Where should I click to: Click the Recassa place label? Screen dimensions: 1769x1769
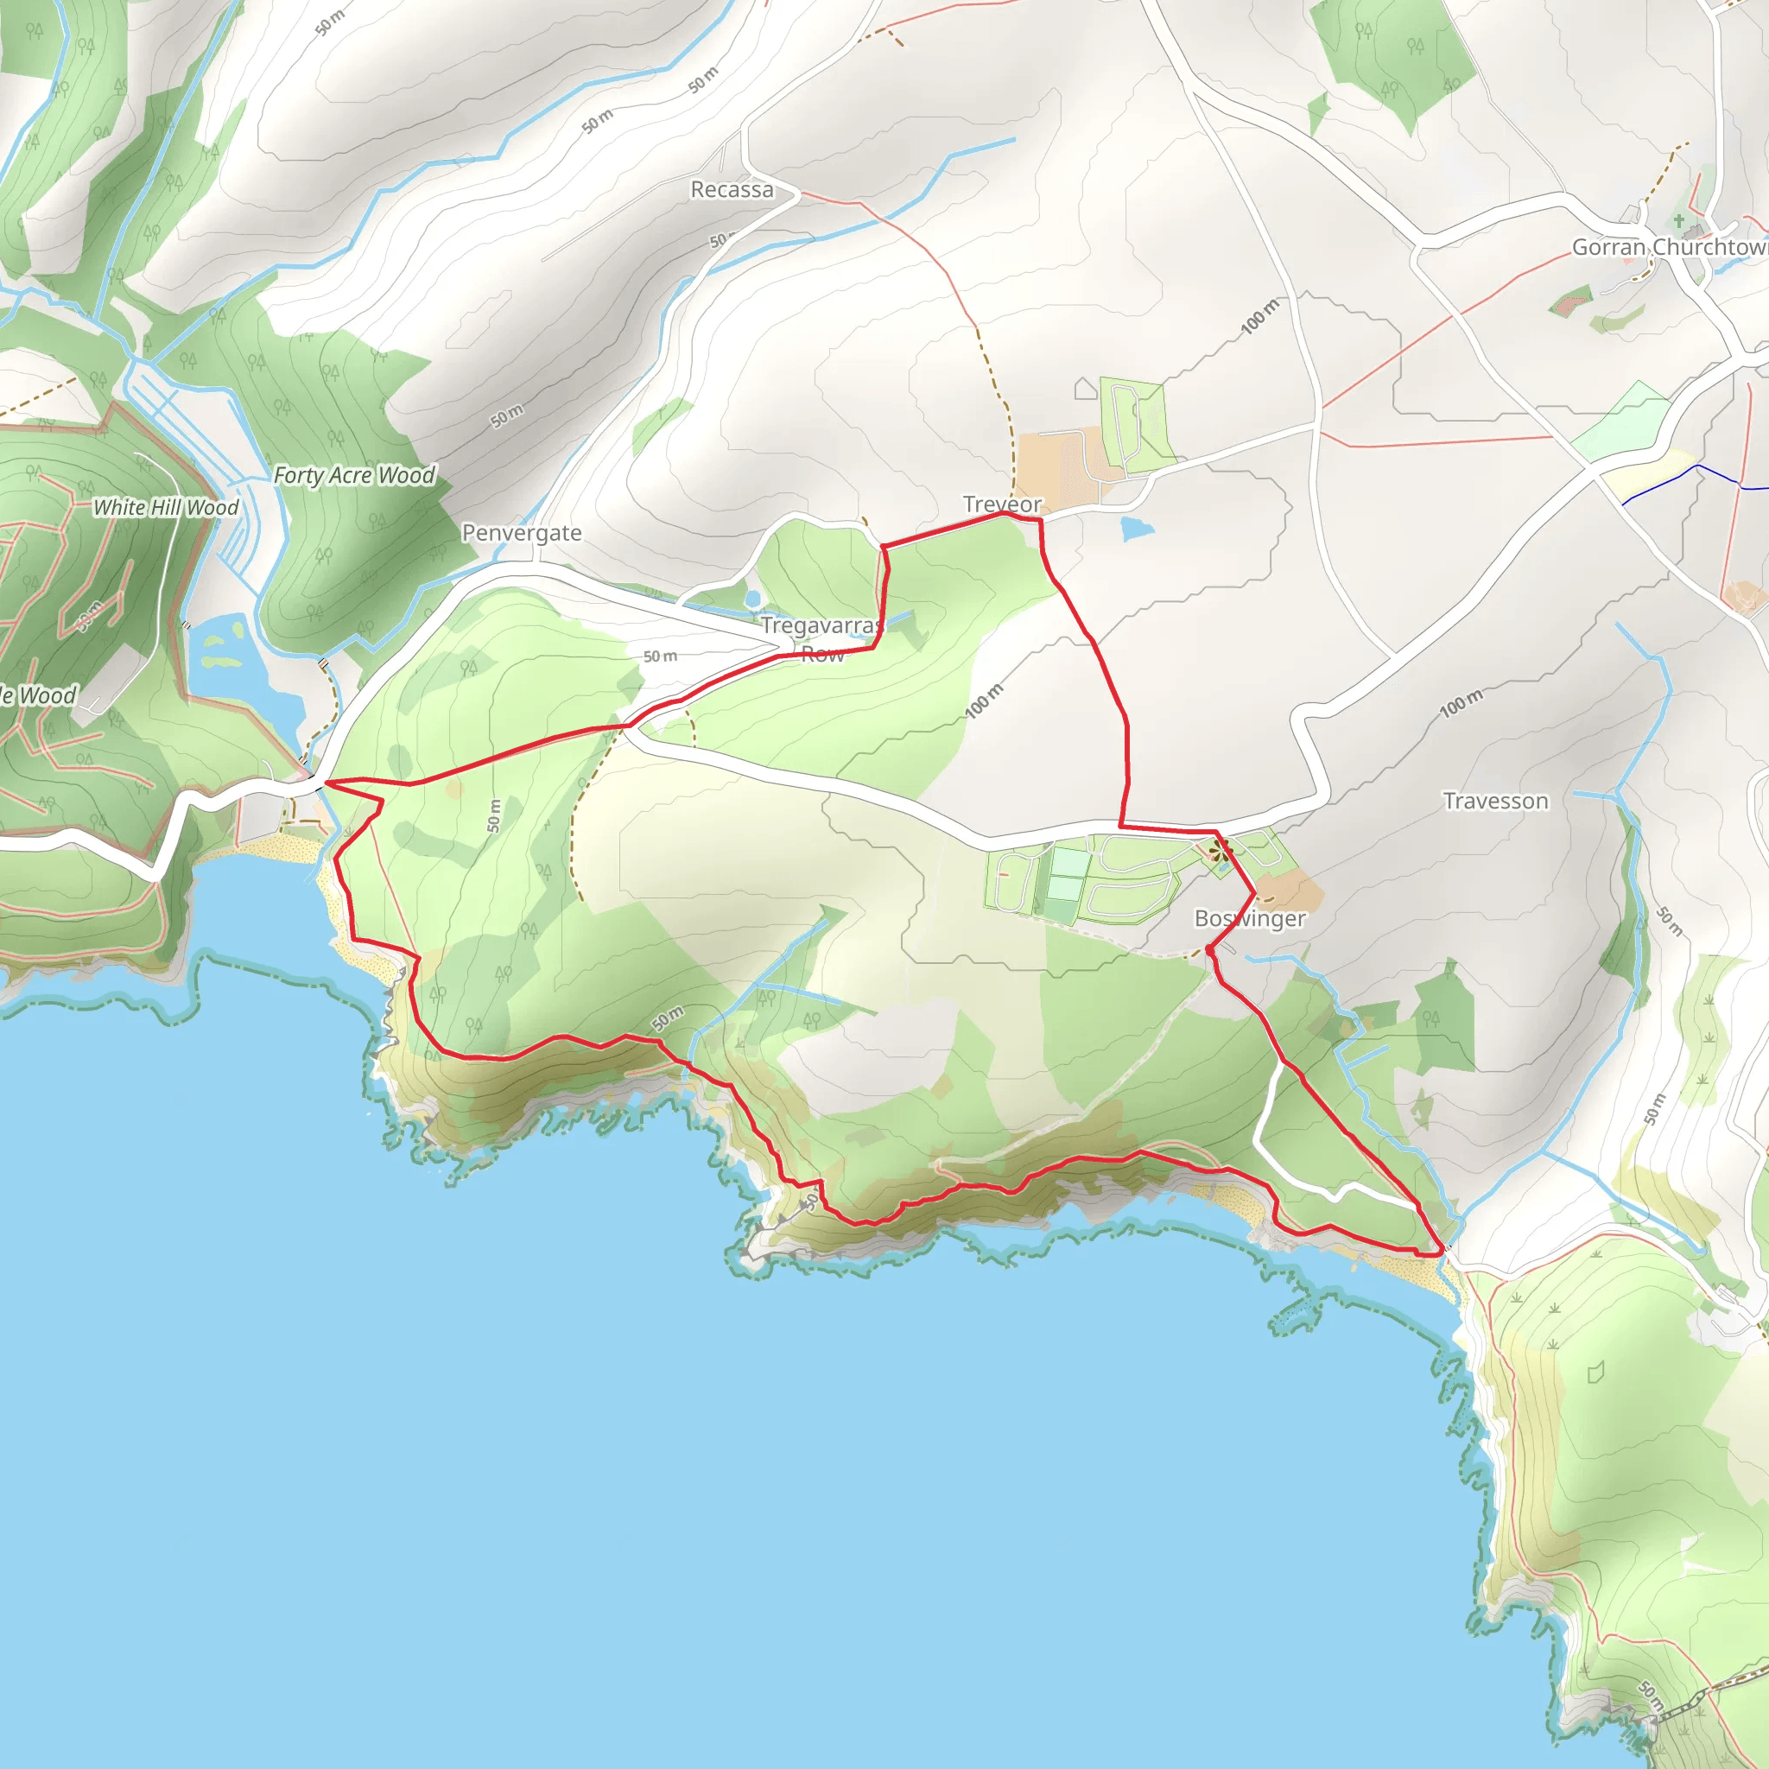[732, 189]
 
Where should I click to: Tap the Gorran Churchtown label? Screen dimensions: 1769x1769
[1669, 247]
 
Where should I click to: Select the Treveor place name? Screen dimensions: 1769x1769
[1002, 504]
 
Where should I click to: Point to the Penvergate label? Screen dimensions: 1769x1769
[521, 533]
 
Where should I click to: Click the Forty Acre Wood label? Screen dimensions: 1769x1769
[354, 475]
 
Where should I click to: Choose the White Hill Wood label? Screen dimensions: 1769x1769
[166, 507]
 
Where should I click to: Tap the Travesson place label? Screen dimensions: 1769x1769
[1495, 802]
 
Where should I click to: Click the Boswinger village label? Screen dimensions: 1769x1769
[1250, 918]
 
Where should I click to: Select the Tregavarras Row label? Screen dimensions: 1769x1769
[821, 639]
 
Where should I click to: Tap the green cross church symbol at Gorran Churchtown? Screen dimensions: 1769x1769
[1678, 220]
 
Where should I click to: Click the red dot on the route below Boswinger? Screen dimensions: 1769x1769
[1210, 951]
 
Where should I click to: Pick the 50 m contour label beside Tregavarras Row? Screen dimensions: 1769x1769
[660, 656]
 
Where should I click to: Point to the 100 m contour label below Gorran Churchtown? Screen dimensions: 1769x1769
[1260, 317]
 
